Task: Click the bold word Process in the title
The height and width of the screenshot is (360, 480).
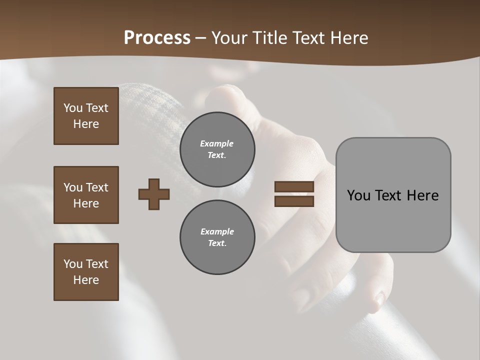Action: [157, 38]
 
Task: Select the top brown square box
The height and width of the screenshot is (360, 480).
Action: [86, 116]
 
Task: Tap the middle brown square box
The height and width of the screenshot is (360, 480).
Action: [86, 195]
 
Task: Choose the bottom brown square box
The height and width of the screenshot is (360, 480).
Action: [86, 272]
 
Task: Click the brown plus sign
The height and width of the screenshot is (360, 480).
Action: [154, 194]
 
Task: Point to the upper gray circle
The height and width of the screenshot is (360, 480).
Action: [217, 149]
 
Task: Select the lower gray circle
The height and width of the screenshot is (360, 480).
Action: [217, 237]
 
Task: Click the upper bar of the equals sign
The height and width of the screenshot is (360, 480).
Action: [294, 187]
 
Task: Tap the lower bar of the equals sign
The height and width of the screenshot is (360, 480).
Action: [294, 201]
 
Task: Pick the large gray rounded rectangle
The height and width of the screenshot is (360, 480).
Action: [393, 195]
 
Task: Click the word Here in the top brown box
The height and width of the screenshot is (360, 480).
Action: [86, 124]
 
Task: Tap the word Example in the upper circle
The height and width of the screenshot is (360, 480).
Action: [217, 143]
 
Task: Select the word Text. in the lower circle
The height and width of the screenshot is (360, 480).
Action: [217, 243]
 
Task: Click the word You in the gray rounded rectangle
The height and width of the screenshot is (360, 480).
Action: [359, 195]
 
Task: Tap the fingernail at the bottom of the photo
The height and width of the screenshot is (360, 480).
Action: [379, 299]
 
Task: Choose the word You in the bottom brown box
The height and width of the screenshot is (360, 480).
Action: [72, 264]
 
